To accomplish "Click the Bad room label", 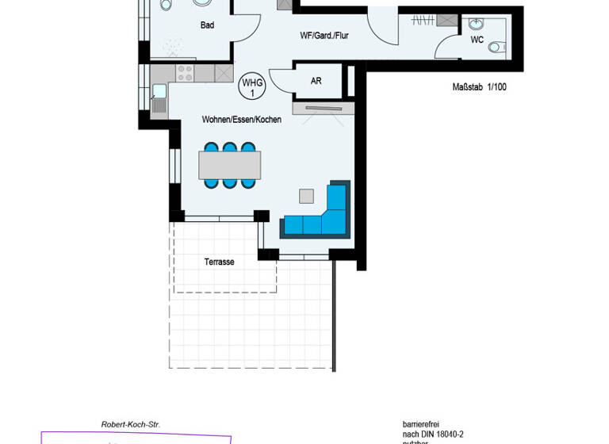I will click(207, 25).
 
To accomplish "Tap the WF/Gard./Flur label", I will click(324, 35).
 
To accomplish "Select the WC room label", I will click(477, 39).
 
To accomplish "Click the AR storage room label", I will click(316, 81).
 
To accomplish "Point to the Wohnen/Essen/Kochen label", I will click(241, 120).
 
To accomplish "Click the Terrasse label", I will click(220, 262).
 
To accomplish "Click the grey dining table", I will click(229, 165).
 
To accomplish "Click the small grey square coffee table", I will click(306, 195).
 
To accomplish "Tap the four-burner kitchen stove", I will click(184, 74).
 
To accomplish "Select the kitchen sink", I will click(159, 92).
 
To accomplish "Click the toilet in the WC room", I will click(496, 47).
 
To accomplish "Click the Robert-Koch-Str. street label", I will click(131, 425).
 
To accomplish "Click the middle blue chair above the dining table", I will click(229, 147).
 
